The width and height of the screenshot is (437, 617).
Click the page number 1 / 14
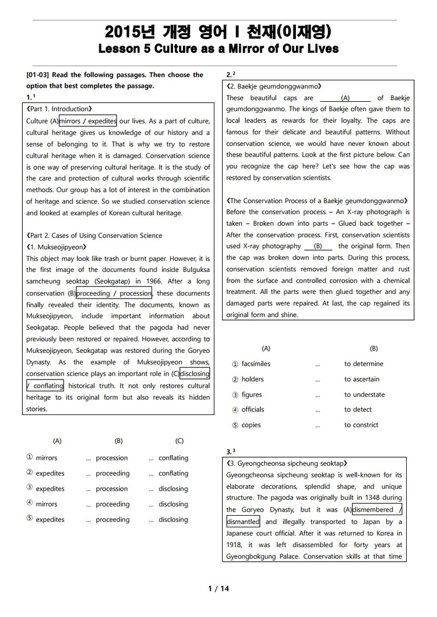218,588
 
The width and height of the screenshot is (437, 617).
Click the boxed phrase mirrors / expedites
88,121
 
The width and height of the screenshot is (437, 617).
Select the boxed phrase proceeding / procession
114,293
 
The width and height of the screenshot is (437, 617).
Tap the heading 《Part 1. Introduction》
59,109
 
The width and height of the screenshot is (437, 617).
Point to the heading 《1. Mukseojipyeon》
56,247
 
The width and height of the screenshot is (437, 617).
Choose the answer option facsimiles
256,364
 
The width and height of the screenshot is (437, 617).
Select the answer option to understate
364,395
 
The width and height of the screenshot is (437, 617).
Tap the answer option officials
252,410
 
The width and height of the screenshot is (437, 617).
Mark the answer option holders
252,379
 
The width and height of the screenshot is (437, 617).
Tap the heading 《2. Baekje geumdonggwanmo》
273,86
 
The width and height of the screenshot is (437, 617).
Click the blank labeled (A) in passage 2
345,98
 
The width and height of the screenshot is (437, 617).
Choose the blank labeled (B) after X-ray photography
318,246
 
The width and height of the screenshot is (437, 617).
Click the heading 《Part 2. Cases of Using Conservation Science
94,235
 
